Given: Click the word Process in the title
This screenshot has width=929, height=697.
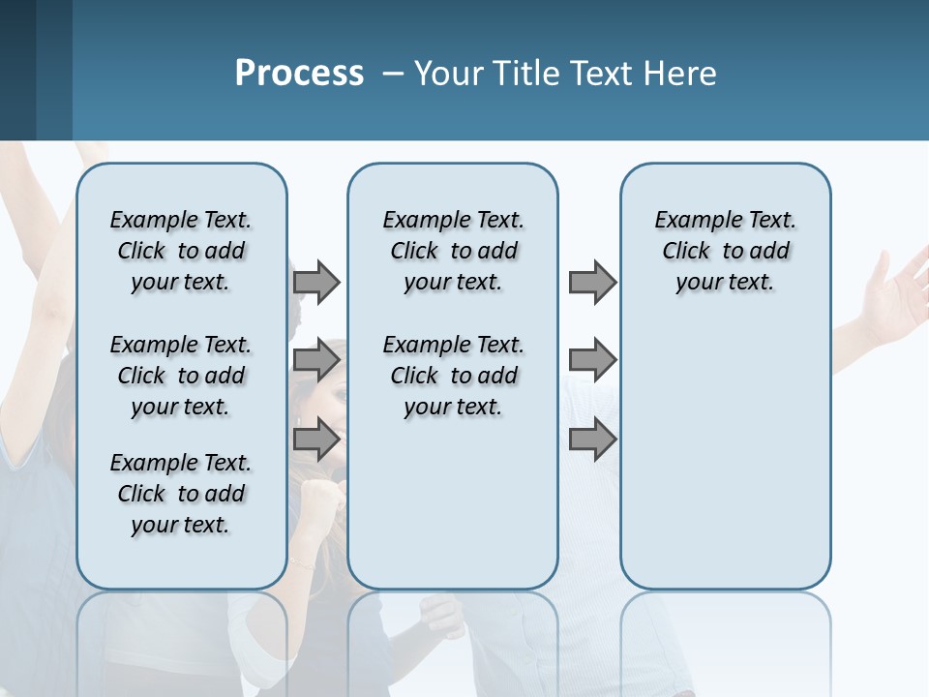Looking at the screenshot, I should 299,73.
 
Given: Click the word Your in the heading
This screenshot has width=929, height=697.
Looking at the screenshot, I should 450,73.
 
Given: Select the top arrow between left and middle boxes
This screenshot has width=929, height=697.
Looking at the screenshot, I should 316,282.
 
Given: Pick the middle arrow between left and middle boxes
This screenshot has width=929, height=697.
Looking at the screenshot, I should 316,361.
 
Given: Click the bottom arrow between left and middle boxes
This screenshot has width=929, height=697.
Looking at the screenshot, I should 316,439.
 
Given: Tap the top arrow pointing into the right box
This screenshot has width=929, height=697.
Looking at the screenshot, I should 592,282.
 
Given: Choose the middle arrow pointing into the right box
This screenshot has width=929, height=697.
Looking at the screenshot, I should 592,361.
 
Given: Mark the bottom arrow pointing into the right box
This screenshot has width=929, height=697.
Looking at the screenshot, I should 592,439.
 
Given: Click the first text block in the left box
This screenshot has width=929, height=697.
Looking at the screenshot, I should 181,251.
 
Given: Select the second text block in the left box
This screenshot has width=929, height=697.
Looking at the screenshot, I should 181,376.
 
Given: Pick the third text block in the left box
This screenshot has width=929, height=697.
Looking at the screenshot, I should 181,494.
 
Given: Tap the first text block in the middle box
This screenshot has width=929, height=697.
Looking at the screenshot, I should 453,251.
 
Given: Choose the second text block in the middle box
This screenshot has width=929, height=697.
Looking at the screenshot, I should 453,376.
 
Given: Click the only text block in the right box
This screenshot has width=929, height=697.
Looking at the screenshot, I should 725,251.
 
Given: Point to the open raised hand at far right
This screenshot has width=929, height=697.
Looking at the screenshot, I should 895,290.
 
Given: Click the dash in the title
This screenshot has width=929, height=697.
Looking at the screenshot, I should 391,74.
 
